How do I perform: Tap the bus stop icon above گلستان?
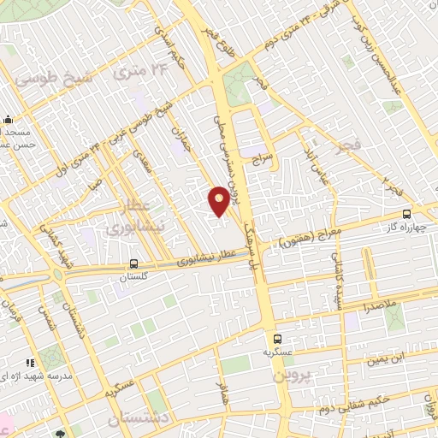pyautogui.click(x=133, y=264)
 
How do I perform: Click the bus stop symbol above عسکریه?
pyautogui.click(x=277, y=338)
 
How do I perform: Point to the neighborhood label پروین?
pyautogui.click(x=290, y=376)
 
